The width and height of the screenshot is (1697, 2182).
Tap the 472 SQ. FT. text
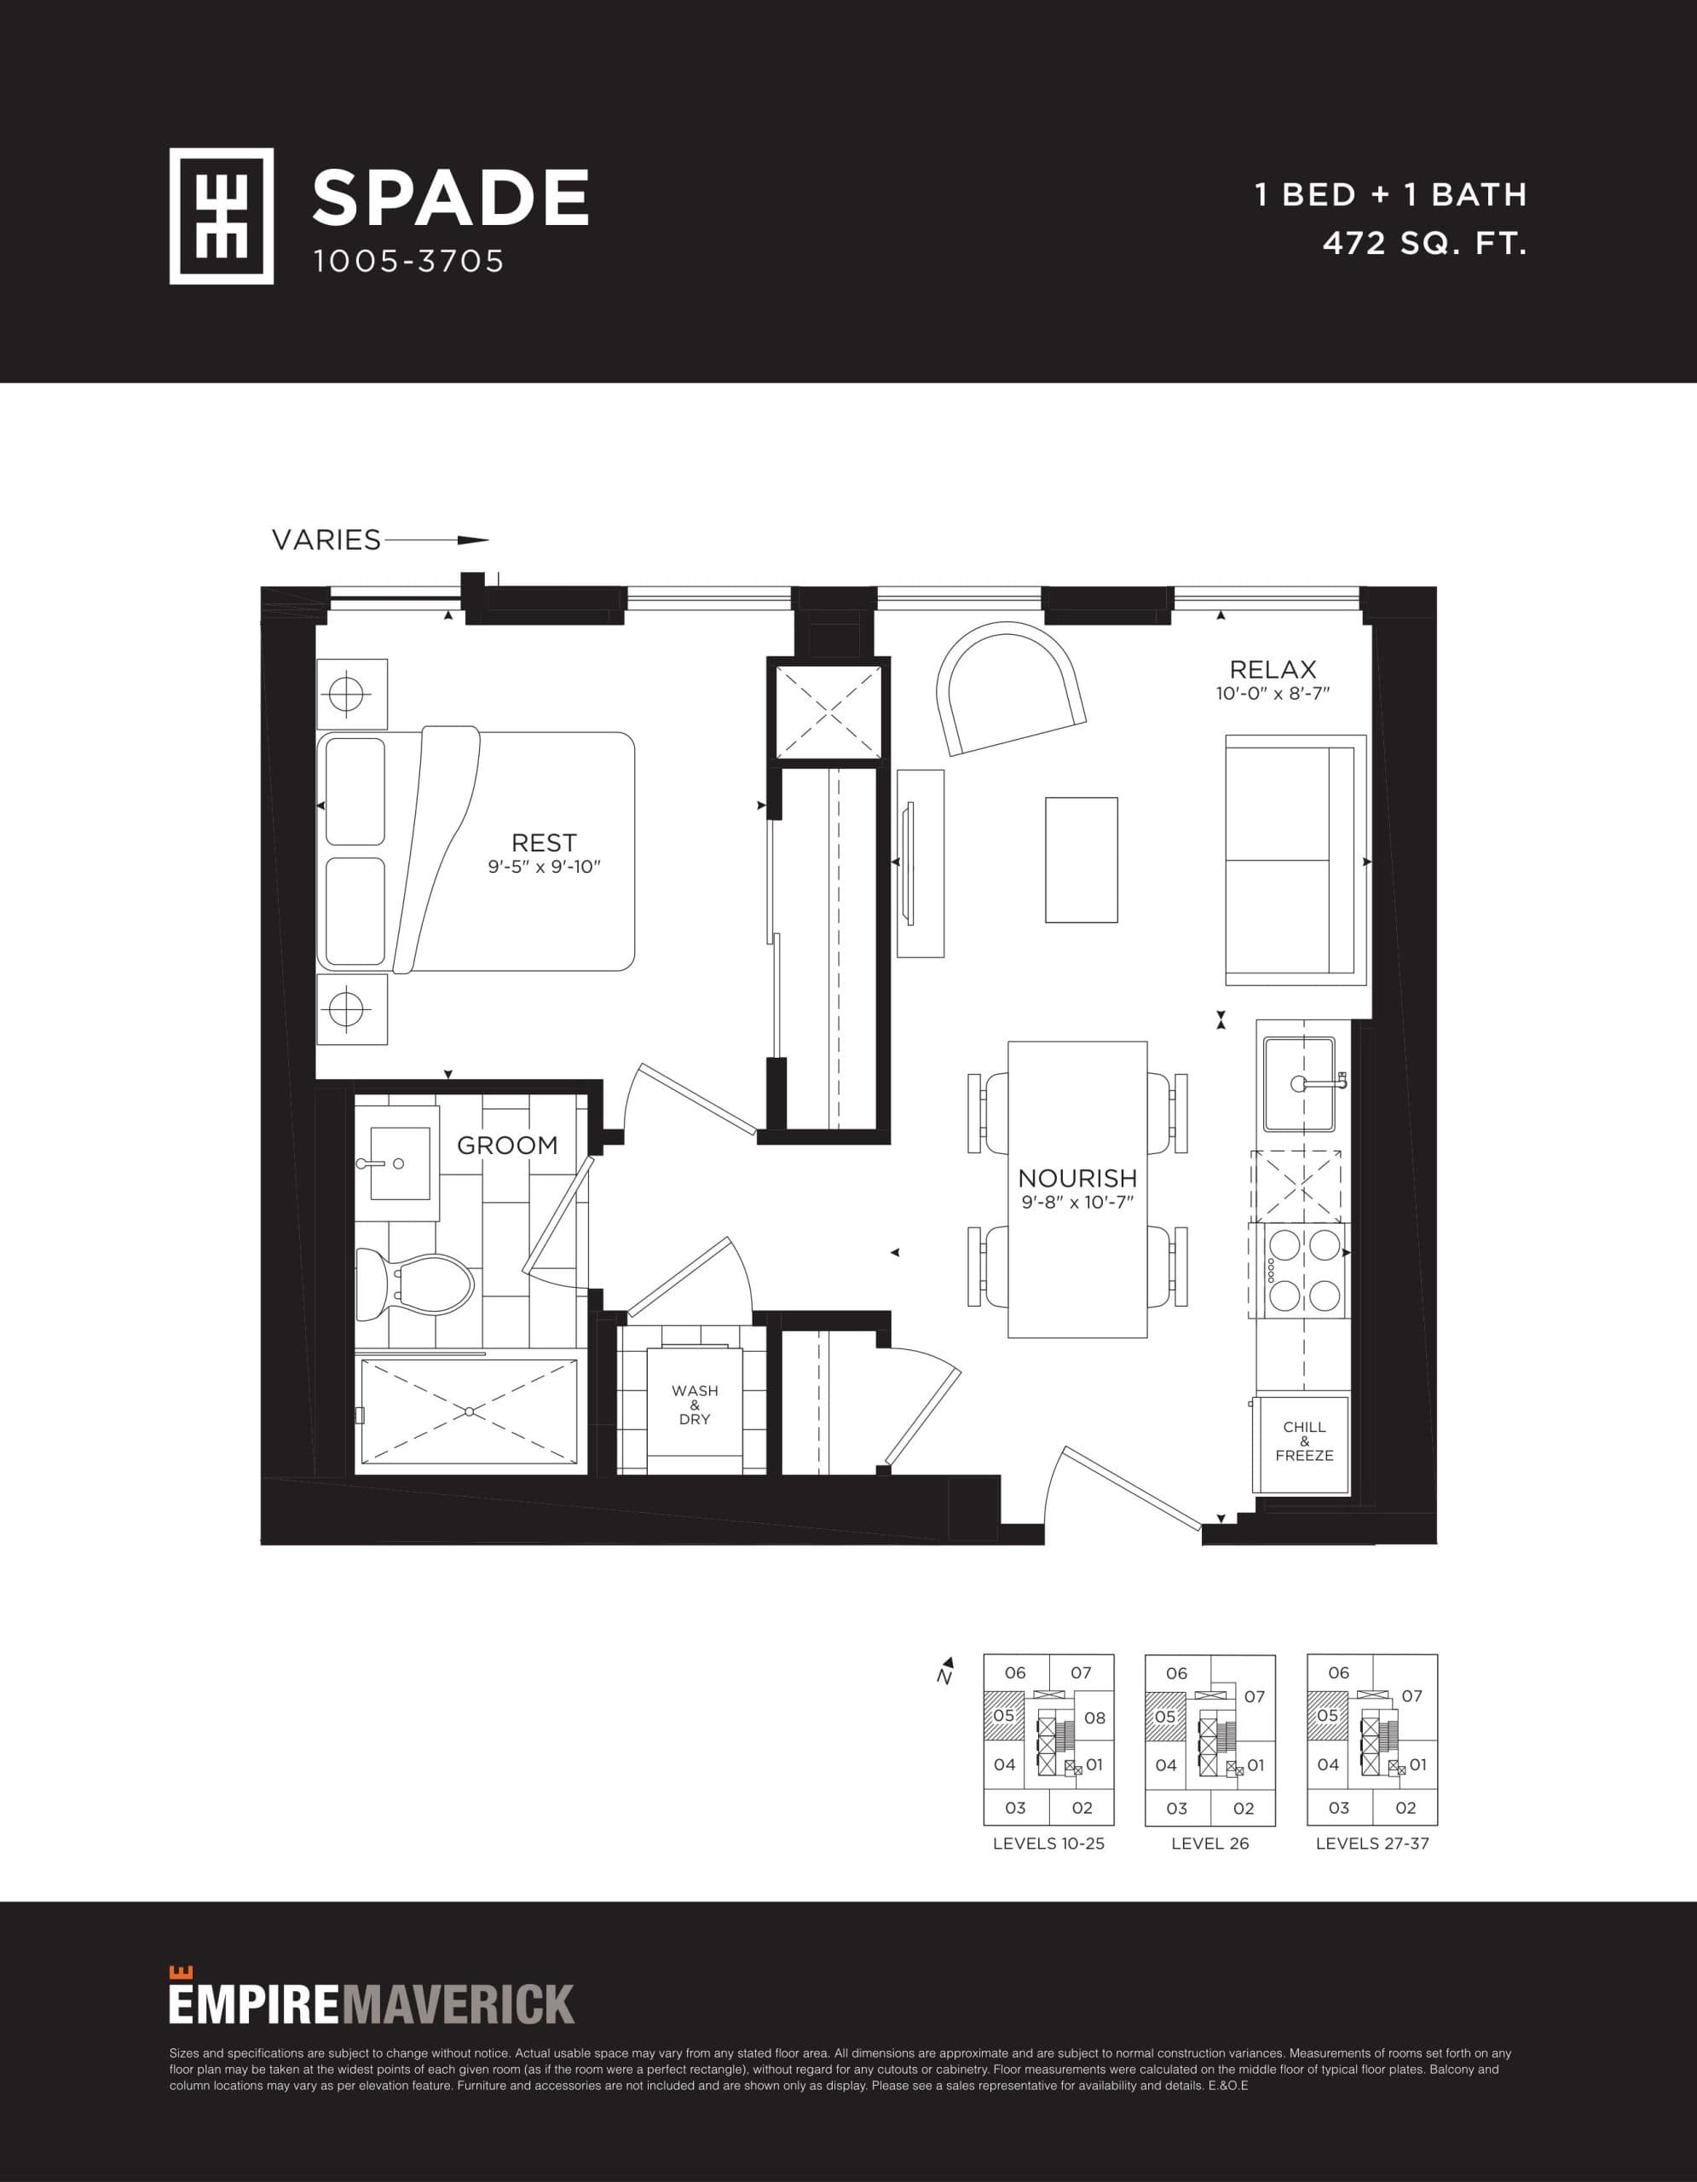point(1424,244)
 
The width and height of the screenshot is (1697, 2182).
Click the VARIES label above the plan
point(326,540)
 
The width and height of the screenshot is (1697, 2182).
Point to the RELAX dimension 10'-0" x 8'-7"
point(1273,693)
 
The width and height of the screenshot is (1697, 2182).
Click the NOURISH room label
point(1076,1178)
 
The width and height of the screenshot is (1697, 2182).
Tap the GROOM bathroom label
point(507,1145)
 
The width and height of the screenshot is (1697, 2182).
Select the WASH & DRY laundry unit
point(694,1405)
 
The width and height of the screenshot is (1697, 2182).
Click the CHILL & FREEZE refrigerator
point(1303,1441)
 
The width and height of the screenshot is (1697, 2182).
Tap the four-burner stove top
point(1303,1270)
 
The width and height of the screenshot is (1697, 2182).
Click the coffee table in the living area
point(1081,859)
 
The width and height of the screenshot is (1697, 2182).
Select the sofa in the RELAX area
point(1295,860)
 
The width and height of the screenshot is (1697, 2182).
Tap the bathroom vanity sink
point(400,1163)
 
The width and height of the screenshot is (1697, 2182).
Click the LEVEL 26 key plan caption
point(1209,1844)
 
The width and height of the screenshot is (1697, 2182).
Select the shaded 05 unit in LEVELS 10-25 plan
point(1004,1716)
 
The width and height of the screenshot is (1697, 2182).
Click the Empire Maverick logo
point(372,2003)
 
